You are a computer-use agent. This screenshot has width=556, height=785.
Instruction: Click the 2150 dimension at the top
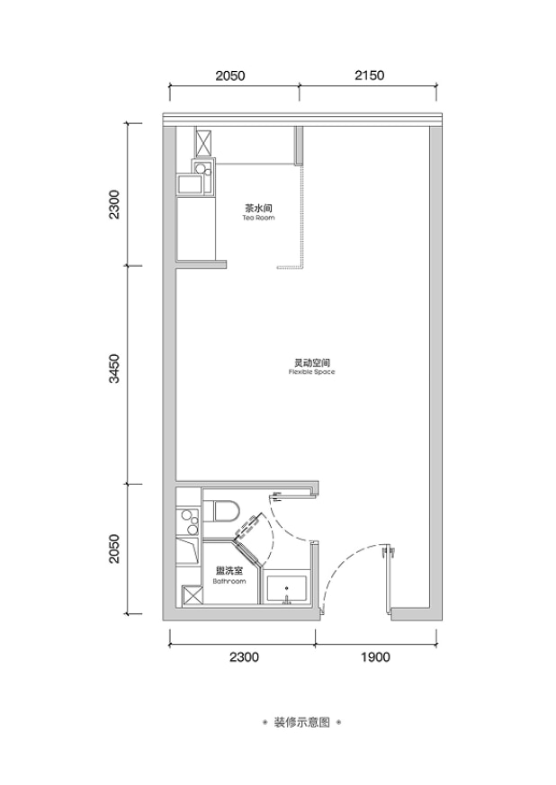[369, 76]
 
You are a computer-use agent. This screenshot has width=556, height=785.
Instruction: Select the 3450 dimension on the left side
[114, 369]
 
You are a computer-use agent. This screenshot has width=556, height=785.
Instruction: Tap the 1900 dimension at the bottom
[375, 656]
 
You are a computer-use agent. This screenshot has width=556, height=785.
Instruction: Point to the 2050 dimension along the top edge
[230, 76]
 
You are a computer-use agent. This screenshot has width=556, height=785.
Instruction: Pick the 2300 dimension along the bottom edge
[244, 656]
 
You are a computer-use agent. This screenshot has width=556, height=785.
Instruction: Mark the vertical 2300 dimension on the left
[114, 204]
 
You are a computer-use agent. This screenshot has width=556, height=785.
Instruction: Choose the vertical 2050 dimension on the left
[114, 549]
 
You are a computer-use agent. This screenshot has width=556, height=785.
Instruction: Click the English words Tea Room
[258, 218]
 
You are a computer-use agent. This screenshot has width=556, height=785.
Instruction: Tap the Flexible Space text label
[311, 372]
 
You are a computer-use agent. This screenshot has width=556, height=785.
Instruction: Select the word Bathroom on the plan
[229, 581]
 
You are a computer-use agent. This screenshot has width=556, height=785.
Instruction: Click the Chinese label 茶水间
[258, 208]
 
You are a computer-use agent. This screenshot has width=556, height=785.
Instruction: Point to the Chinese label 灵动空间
[311, 362]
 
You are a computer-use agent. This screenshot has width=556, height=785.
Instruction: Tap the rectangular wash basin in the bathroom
[286, 589]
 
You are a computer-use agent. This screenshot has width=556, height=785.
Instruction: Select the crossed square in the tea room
[203, 144]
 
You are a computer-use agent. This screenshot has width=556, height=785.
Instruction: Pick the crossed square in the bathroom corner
[193, 596]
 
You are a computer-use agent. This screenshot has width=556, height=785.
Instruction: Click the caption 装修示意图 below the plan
[301, 722]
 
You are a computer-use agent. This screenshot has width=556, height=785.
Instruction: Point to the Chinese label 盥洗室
[229, 571]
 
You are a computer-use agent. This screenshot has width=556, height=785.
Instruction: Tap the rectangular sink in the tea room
[193, 183]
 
